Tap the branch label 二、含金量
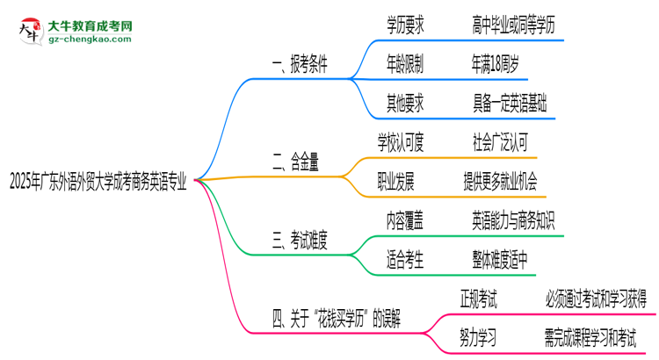(x=296, y=162)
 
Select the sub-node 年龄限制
(x=405, y=65)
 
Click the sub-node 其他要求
(x=405, y=104)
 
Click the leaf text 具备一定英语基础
(x=509, y=104)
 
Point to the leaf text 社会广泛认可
(x=501, y=142)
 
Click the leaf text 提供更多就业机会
(x=501, y=181)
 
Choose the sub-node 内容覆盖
(x=405, y=220)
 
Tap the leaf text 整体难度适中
(x=506, y=258)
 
